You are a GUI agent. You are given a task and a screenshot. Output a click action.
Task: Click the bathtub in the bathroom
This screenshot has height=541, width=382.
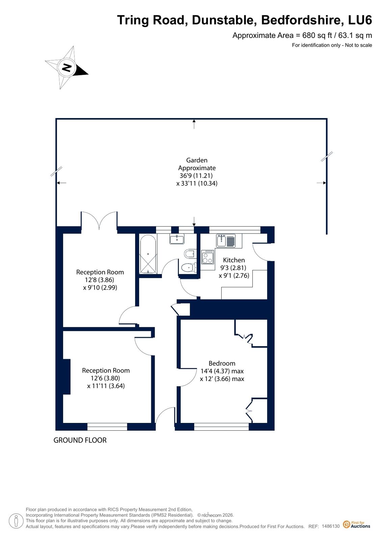[x=148, y=254]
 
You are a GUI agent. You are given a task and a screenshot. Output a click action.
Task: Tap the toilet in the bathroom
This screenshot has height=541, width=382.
[x=188, y=268]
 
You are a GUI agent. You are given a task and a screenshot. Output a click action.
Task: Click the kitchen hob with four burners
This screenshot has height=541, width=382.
[x=208, y=256]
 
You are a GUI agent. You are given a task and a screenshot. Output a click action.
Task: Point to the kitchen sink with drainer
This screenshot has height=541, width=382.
[x=226, y=241]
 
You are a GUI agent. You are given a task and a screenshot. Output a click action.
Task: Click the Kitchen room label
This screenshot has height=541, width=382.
[x=234, y=260]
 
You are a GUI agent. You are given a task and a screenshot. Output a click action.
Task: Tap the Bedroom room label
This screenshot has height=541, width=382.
[x=222, y=363]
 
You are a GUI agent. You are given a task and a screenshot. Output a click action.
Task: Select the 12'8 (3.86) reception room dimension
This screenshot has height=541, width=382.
[x=99, y=280]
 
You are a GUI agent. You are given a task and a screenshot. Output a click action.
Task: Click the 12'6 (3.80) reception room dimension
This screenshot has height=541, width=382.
[x=105, y=378]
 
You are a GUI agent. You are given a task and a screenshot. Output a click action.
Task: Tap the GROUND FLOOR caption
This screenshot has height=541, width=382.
[x=80, y=440]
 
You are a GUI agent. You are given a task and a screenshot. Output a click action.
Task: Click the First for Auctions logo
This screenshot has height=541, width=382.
[x=356, y=524]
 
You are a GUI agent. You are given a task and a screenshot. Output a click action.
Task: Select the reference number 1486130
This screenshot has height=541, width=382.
[x=330, y=526]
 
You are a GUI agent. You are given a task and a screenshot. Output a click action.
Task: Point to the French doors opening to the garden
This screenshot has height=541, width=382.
[x=99, y=221]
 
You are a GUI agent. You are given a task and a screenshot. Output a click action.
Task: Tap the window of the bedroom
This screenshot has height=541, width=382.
[x=221, y=427]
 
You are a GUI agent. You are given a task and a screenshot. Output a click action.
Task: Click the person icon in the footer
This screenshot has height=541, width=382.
[x=16, y=521]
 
